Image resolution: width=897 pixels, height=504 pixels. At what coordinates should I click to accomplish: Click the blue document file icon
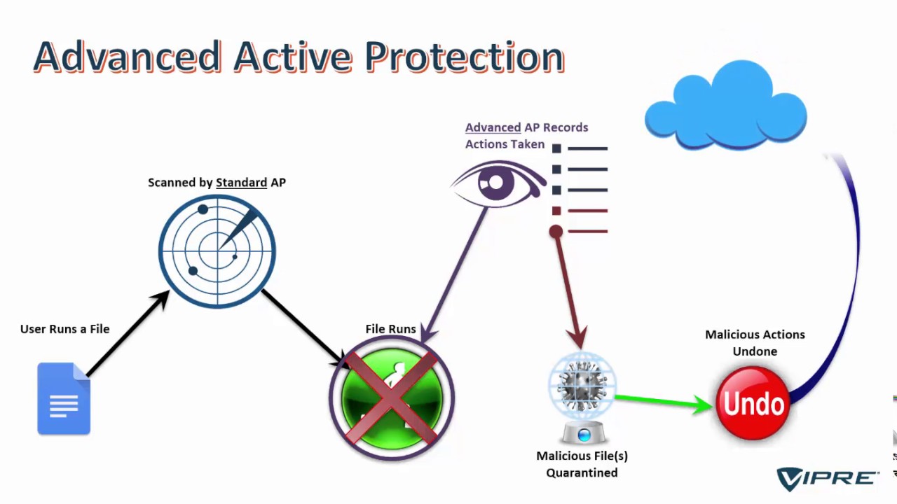tap(64, 398)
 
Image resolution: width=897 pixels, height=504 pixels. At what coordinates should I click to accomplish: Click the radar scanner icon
tap(217, 251)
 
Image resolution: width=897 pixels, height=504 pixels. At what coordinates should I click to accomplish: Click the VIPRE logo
tap(827, 478)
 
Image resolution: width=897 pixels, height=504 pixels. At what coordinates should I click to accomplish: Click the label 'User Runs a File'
tap(64, 329)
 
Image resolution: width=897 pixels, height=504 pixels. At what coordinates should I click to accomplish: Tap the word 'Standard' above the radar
tap(241, 183)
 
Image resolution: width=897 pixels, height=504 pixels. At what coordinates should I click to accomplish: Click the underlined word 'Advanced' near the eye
tap(493, 127)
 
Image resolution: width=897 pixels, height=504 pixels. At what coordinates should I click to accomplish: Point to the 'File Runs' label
tap(390, 329)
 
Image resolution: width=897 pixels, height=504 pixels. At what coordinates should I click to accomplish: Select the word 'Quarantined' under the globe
tap(582, 472)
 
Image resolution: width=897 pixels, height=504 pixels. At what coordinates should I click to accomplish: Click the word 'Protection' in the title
tap(465, 57)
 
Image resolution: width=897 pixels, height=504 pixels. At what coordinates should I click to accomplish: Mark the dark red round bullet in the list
tap(556, 231)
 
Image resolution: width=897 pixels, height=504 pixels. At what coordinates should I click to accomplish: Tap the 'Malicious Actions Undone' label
tap(755, 343)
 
